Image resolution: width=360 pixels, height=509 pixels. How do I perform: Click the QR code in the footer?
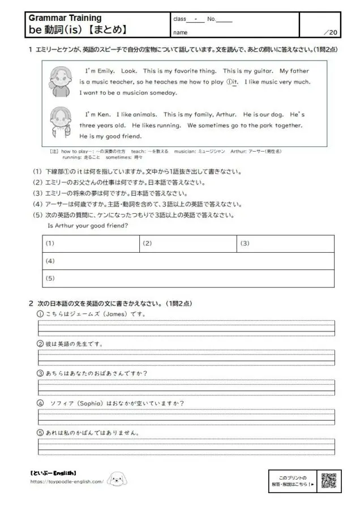[329, 480]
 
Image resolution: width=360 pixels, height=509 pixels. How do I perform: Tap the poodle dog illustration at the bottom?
[117, 478]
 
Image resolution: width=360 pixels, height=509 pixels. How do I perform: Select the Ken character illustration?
[59, 121]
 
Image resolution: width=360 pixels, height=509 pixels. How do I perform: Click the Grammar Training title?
[65, 19]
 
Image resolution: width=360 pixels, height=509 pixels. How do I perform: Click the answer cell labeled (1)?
[91, 243]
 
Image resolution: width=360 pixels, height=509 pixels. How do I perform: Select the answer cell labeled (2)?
[188, 243]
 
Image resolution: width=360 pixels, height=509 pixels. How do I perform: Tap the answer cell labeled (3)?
[285, 243]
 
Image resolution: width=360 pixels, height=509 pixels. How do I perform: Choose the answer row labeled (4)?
[188, 261]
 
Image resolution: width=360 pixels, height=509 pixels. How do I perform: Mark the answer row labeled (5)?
[188, 278]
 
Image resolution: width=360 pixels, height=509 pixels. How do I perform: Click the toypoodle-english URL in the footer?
[67, 482]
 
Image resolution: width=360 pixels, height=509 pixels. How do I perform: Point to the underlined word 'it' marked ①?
[232, 82]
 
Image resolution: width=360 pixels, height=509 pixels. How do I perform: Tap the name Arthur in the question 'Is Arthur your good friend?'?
[67, 225]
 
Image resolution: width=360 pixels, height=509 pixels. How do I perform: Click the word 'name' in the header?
[181, 32]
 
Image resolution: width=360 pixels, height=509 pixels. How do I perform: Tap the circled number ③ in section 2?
[40, 373]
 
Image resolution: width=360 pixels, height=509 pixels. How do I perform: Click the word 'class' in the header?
[179, 19]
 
